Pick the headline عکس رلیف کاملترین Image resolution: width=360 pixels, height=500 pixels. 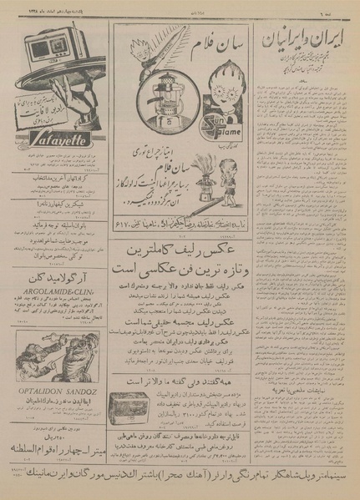click(x=180, y=250)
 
